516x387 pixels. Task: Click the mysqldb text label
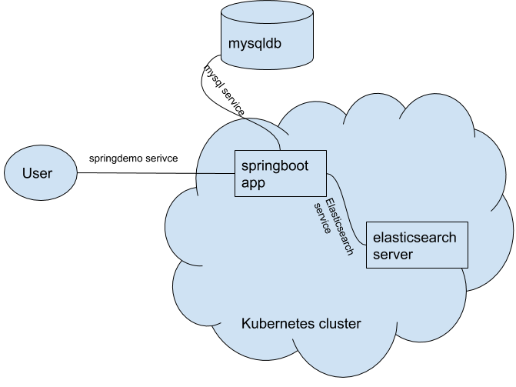pos(255,43)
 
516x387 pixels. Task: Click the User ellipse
pos(40,173)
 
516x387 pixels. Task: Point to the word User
pos(37,173)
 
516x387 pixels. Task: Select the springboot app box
pos(281,173)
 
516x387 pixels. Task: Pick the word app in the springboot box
pos(253,183)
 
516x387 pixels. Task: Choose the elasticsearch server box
pos(416,245)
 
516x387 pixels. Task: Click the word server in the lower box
pos(392,254)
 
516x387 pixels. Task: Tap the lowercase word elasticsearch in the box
pos(414,237)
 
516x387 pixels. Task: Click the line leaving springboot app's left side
pos(215,173)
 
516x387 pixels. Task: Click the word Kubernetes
pos(275,324)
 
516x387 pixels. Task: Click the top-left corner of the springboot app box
pos(235,152)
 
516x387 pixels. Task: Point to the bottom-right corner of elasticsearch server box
pos(466,268)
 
